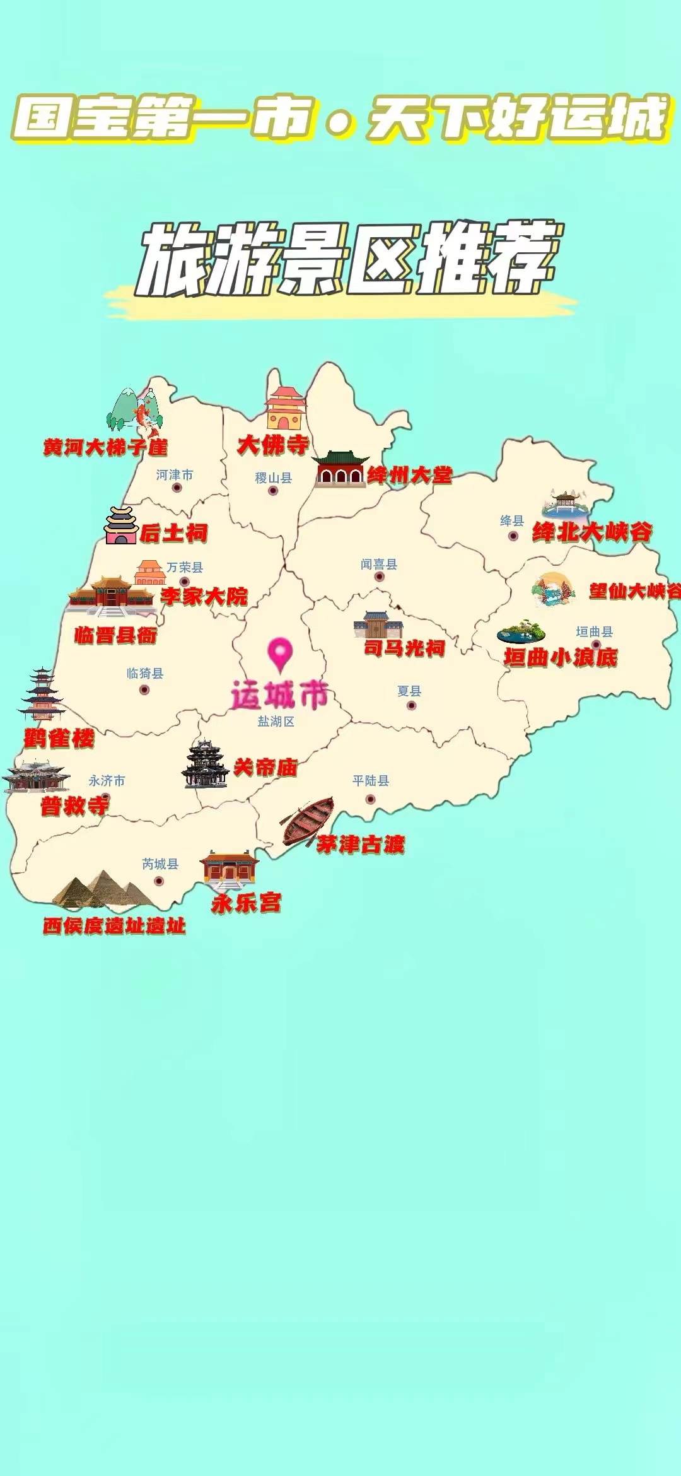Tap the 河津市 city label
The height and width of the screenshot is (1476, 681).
pos(175,474)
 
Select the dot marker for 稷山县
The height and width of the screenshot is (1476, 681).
pos(273,491)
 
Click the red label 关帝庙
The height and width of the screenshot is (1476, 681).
pos(265,768)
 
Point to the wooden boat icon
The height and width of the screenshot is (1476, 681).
pos(308,821)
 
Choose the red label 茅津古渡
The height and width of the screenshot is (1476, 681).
pos(360,845)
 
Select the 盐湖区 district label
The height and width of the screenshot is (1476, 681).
pos(276,721)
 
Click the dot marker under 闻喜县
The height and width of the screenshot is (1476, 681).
pos(379,577)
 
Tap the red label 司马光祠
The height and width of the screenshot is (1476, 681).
pos(404,648)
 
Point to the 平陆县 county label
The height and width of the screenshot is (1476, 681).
pos(371,781)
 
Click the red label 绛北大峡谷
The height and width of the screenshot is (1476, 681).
pos(592,532)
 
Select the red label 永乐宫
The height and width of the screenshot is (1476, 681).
pos(246,903)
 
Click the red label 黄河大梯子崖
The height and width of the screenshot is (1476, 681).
pos(105,447)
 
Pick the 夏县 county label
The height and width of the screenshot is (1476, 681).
pos(409,691)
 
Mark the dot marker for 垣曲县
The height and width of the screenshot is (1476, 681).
pos(595,645)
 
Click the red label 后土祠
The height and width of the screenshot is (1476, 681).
pos(173,534)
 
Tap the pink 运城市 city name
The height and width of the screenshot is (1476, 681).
pos(279,694)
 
